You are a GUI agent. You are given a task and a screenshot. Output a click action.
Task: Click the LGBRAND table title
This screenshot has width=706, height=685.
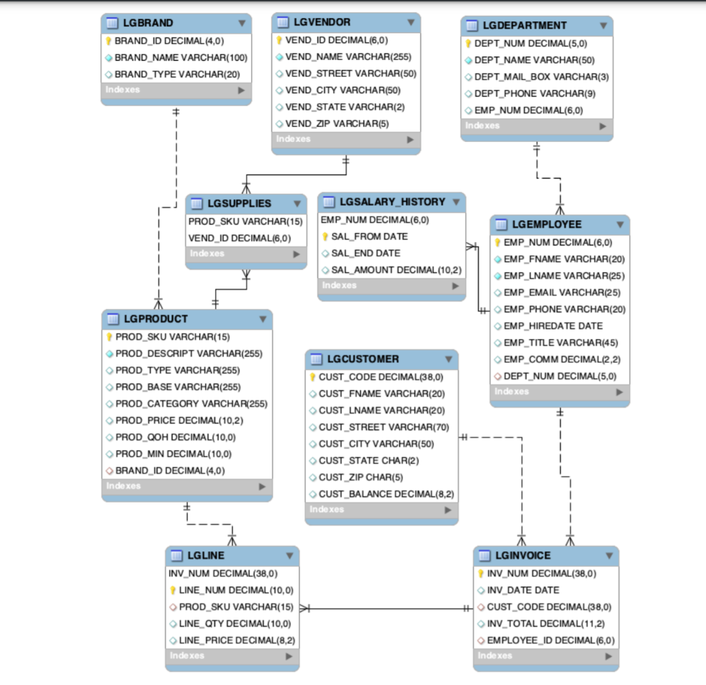(148, 23)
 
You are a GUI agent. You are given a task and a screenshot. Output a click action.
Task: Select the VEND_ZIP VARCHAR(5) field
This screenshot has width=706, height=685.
(337, 123)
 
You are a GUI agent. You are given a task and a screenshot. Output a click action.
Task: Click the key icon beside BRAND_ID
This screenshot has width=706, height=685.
(108, 41)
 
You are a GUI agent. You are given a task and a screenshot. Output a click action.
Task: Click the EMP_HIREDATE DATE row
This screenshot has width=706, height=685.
(553, 326)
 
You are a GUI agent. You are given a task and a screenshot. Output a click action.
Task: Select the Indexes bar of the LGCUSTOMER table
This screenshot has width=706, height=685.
(381, 509)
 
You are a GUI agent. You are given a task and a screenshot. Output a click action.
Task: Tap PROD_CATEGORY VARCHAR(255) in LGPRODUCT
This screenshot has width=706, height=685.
(191, 404)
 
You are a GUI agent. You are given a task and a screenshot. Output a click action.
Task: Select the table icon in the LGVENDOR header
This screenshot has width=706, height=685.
(282, 22)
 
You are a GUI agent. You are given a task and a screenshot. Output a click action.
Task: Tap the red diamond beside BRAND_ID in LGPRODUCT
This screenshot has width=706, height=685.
(109, 471)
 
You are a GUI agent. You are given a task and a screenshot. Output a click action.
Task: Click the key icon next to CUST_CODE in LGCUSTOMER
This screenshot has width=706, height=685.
(312, 377)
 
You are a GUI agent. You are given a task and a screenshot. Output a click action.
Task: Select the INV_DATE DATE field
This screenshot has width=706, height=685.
(523, 590)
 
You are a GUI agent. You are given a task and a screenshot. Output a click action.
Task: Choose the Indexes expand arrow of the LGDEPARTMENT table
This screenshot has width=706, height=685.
(603, 126)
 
